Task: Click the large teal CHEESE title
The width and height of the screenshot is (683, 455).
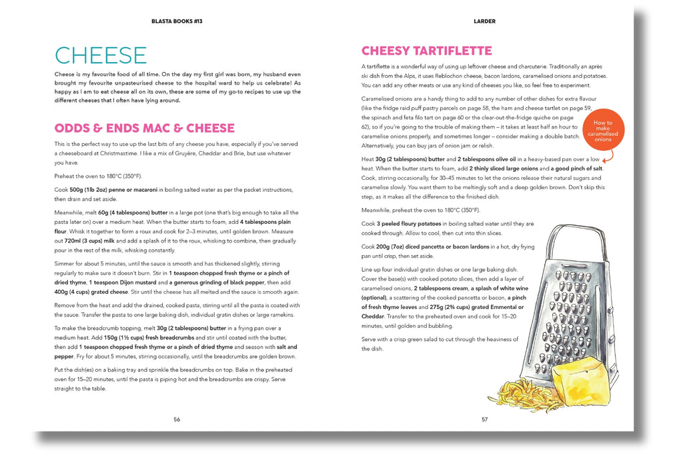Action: pyautogui.click(x=101, y=55)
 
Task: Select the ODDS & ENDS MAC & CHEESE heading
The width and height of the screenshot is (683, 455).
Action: pyautogui.click(x=144, y=128)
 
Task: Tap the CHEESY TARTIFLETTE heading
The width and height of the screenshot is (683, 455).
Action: pyautogui.click(x=426, y=51)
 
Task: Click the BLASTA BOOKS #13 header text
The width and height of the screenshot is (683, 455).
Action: pyautogui.click(x=177, y=21)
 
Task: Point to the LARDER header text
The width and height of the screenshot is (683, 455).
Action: pyautogui.click(x=484, y=21)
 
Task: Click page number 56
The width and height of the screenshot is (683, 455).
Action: pyautogui.click(x=177, y=419)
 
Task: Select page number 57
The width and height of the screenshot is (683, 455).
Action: pyautogui.click(x=484, y=419)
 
